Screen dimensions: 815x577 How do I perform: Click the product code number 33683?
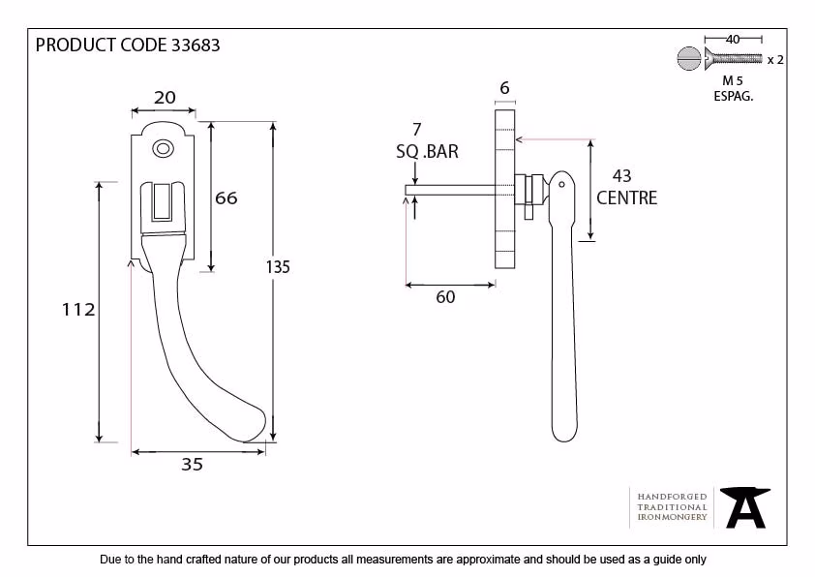tap(196, 46)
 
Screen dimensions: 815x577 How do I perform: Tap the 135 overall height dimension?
tap(278, 266)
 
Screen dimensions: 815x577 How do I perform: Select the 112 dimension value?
tap(78, 310)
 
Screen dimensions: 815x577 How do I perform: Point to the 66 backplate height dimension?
tap(226, 198)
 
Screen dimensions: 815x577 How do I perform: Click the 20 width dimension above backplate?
tap(165, 97)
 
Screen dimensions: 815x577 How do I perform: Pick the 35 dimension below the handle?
tap(192, 464)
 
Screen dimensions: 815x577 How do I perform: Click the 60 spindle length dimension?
tap(445, 297)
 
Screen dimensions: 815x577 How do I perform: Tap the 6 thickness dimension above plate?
tap(504, 88)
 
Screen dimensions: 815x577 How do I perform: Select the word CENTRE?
tap(627, 198)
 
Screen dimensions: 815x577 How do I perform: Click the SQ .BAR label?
tap(427, 152)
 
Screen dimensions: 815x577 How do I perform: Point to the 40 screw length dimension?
tap(733, 39)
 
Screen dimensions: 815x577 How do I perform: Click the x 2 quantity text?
tap(775, 60)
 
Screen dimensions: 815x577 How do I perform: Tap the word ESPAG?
tap(734, 96)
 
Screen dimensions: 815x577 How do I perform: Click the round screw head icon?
tap(689, 58)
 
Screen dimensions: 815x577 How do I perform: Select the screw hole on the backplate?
tap(163, 149)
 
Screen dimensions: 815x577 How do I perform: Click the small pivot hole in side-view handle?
tap(561, 185)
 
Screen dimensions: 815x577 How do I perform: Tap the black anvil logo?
tap(745, 507)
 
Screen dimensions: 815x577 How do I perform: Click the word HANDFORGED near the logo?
tap(672, 497)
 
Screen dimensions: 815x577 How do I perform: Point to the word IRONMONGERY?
tap(672, 517)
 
